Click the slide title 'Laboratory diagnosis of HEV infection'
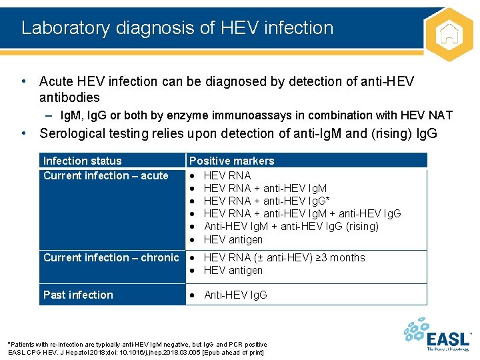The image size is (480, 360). (x=177, y=28)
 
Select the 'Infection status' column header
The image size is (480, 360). (x=83, y=161)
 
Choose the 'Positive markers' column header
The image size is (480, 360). (x=231, y=161)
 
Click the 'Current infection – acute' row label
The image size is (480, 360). (x=105, y=176)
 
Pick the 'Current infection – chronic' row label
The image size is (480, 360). (x=111, y=257)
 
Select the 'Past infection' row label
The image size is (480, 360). (x=78, y=295)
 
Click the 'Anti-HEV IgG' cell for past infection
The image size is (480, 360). (x=235, y=295)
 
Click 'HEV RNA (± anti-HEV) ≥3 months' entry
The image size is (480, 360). (x=284, y=257)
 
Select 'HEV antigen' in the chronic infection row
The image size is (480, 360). (x=233, y=270)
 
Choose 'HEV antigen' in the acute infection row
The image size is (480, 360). (x=233, y=239)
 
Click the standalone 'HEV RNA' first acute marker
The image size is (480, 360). (x=227, y=175)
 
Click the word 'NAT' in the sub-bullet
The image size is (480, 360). (x=441, y=115)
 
